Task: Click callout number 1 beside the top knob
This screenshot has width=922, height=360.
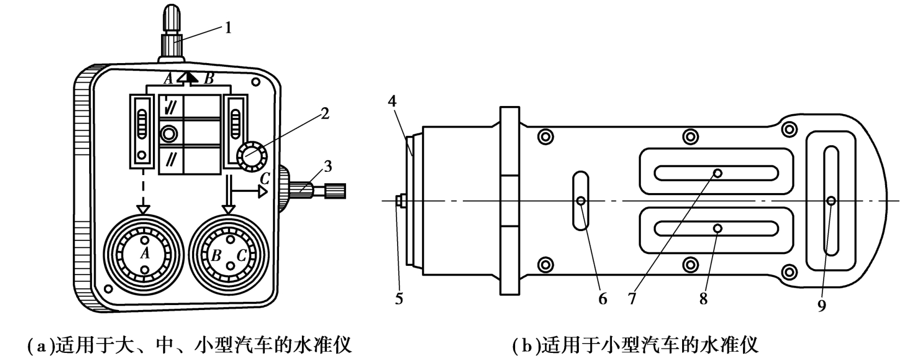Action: click(x=228, y=28)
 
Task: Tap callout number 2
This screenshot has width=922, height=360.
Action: click(x=325, y=114)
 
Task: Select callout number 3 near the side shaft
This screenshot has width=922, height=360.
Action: click(x=327, y=166)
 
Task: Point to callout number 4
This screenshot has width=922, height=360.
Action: click(x=393, y=101)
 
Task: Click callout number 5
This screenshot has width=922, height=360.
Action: click(x=399, y=299)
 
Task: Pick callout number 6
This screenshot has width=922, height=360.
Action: click(x=603, y=299)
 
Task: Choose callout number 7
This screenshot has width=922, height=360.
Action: click(x=632, y=299)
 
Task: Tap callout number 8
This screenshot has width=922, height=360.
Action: click(x=703, y=299)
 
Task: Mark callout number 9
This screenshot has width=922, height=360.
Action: click(x=821, y=306)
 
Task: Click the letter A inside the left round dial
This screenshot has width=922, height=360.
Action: click(x=145, y=253)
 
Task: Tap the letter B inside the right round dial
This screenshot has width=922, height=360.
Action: click(x=216, y=256)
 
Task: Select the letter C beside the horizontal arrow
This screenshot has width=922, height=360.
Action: click(x=265, y=178)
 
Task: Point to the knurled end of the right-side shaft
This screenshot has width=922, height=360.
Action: click(x=336, y=190)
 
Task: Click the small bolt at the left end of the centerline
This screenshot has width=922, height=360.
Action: click(x=400, y=201)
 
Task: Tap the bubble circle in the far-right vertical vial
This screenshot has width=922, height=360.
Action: click(x=832, y=201)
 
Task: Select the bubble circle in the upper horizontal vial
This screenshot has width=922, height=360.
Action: click(x=718, y=173)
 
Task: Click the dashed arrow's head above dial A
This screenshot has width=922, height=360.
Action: click(x=143, y=209)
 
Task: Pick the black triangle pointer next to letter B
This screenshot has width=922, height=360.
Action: click(x=190, y=77)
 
